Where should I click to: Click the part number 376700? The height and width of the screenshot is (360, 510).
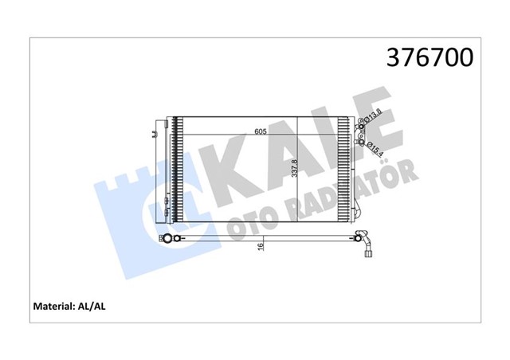pos(430,58)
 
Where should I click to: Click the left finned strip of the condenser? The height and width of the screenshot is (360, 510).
pos(178,170)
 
